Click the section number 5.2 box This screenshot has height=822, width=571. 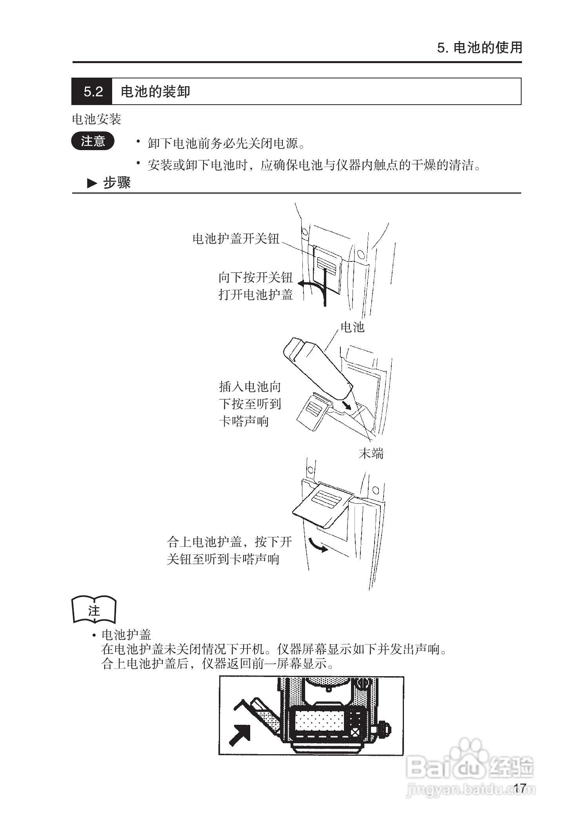(92, 92)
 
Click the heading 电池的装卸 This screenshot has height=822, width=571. (155, 92)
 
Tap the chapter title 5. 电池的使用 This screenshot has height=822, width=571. (480, 48)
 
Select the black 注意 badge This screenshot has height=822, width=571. (93, 141)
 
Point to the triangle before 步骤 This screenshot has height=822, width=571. (92, 183)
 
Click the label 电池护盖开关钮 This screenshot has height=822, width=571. (235, 239)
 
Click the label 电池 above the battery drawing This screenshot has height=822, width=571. (352, 327)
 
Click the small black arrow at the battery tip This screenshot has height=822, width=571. (346, 405)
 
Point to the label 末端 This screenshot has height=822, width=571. (371, 454)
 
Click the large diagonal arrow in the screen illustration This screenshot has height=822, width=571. (240, 735)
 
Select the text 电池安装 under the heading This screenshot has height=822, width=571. (96, 119)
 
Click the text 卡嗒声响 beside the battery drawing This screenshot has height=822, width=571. (244, 421)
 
